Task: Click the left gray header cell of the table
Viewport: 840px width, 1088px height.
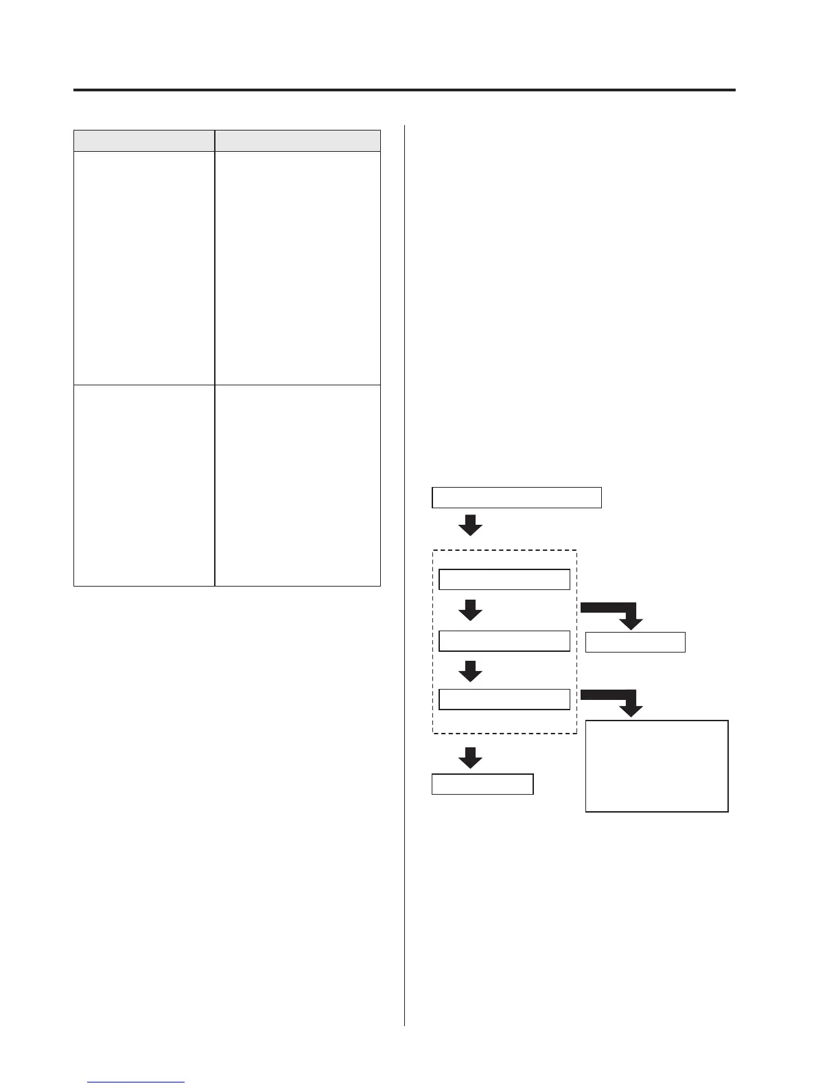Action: pos(144,140)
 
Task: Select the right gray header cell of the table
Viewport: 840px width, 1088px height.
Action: pos(297,140)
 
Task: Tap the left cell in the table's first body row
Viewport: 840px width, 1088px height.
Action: pos(144,268)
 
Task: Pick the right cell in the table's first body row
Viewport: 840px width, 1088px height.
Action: pos(297,268)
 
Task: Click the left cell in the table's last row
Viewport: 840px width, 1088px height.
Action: pos(144,485)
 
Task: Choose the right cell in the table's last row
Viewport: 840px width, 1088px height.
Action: pos(297,485)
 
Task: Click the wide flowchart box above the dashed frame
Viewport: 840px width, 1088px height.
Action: pos(516,497)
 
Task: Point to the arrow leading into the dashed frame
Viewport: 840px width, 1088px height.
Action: pos(470,525)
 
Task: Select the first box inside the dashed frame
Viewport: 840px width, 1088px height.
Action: pos(504,580)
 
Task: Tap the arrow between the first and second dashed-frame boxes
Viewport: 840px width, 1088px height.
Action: pos(470,610)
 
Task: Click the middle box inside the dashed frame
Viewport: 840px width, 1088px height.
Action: pos(504,641)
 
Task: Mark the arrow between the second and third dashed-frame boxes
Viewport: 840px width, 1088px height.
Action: pos(470,671)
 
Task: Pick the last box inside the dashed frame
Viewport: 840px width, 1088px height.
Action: pos(504,699)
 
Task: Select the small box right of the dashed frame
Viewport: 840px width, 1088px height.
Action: pos(635,642)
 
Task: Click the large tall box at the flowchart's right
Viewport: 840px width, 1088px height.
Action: pos(656,766)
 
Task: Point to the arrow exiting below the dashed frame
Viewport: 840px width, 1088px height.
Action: pos(470,758)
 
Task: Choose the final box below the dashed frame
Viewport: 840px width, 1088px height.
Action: pos(482,784)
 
